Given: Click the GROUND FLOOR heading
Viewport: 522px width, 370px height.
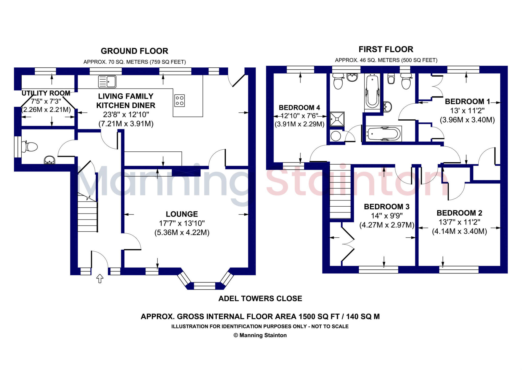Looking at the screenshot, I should point(134,51).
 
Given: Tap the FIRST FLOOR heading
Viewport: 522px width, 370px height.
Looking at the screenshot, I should point(386,49).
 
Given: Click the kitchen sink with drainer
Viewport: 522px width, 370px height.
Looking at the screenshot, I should point(107,82).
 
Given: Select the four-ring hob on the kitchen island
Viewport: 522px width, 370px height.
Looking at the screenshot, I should point(179,101).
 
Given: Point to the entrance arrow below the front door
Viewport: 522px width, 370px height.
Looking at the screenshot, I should point(100,279).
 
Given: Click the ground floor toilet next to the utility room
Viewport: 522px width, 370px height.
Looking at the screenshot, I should point(30,147).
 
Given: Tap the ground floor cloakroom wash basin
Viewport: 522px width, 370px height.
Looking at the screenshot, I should point(49,160).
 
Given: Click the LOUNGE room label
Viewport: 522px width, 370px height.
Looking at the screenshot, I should point(182,214).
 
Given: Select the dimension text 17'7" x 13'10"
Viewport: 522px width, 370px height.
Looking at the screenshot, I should point(182,223).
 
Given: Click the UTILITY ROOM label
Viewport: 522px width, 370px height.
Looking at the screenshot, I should point(46,93).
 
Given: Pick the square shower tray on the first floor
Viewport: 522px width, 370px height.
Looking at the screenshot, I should point(337,119).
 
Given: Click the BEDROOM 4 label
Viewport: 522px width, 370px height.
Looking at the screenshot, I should point(299,108).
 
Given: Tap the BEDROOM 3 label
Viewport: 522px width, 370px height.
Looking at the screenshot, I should point(386,207).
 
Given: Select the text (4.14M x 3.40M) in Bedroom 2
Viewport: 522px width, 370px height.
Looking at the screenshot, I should point(459,231).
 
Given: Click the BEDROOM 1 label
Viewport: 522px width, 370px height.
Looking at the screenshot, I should point(467,102).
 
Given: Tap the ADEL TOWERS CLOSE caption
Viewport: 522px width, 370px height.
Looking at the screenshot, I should point(260,298).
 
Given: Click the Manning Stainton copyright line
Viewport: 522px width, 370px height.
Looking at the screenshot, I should point(260,335).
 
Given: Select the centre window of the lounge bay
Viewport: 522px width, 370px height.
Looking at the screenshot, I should point(204,286).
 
